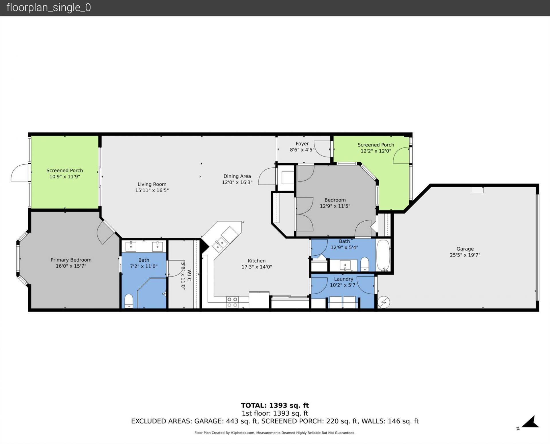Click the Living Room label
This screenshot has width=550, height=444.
point(152,184)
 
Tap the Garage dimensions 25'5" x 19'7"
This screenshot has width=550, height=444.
point(465,255)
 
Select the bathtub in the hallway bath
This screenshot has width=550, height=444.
point(383,255)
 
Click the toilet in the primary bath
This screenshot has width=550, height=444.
point(129,301)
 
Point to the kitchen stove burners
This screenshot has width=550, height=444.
point(232,302)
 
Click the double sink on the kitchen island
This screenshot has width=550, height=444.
point(220,244)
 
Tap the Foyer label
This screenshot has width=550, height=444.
point(302,144)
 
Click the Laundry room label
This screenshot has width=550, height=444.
point(343,279)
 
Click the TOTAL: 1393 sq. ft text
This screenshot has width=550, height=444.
point(275,405)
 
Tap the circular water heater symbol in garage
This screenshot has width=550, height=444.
point(384,302)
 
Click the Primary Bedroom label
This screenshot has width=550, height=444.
point(71,260)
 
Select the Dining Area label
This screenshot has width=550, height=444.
point(237,176)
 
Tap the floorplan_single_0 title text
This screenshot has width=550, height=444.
point(49,8)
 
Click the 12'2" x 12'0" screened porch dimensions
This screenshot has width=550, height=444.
point(376,151)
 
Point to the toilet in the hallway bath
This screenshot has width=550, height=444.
point(365,264)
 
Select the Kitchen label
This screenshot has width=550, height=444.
point(257,261)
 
